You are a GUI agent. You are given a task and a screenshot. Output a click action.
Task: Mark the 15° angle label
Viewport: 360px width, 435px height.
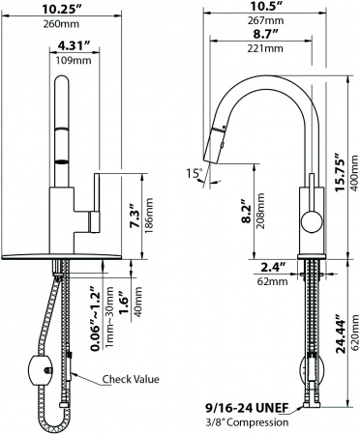(x=196, y=174)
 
